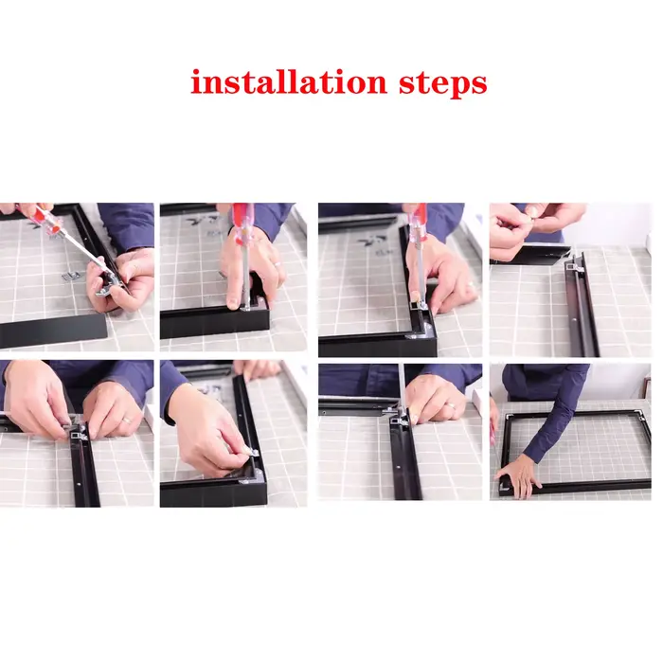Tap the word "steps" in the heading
point(443,83)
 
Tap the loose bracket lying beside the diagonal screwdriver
point(70,277)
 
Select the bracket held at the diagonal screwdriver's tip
point(106,285)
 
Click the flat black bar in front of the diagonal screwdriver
point(53,331)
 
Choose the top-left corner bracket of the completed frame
point(509,419)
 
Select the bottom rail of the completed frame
point(575,487)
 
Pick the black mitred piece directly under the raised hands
point(530,255)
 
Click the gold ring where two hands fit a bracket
point(127,421)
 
